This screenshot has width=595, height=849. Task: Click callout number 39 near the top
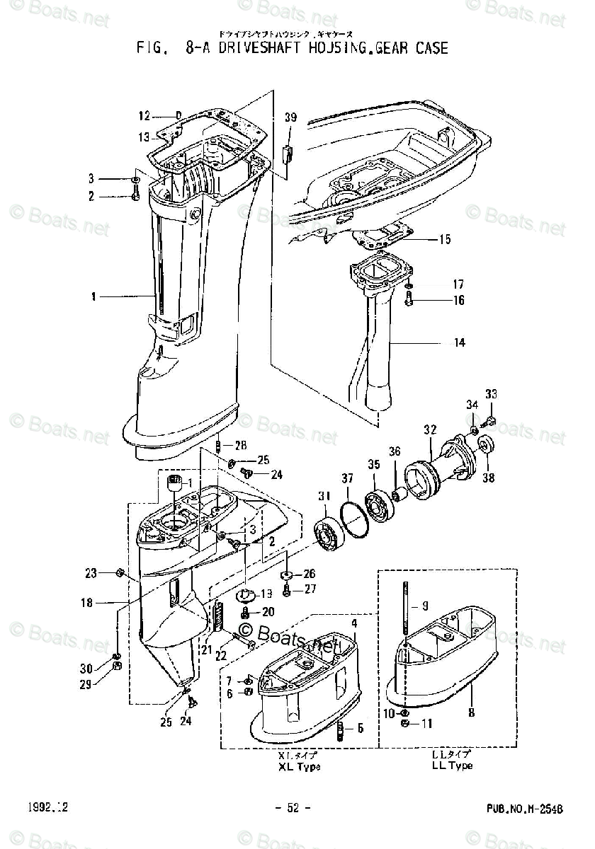290,117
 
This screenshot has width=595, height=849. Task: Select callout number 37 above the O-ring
347,480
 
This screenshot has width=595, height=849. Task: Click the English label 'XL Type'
296,766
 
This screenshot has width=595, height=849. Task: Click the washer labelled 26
287,574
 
